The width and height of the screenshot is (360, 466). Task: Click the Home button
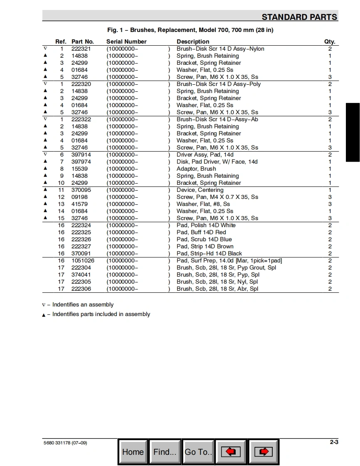tap(133, 452)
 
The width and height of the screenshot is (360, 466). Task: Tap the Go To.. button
tap(198, 452)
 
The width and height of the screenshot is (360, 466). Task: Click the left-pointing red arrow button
tap(231, 452)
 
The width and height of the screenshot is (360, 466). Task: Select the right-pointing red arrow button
tap(264, 452)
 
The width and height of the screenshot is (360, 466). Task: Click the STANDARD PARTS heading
tap(299, 17)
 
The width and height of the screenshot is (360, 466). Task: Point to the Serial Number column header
tap(126, 42)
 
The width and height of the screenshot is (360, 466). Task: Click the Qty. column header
tap(330, 42)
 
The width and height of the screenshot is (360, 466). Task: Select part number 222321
tap(81, 49)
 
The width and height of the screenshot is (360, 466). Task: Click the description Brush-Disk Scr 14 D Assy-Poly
tap(219, 84)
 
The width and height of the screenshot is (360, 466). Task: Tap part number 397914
tap(81, 155)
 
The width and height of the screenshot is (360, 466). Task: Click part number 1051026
tap(83, 260)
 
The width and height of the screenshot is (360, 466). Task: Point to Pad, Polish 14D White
tap(206, 225)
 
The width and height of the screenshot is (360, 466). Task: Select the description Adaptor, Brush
tap(196, 169)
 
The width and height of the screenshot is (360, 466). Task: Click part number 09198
tap(79, 197)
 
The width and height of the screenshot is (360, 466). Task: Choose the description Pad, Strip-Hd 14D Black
tap(209, 253)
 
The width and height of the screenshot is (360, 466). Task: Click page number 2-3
tap(334, 442)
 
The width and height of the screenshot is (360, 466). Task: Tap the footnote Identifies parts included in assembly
tap(101, 314)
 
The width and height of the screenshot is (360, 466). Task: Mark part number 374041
tap(81, 275)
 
